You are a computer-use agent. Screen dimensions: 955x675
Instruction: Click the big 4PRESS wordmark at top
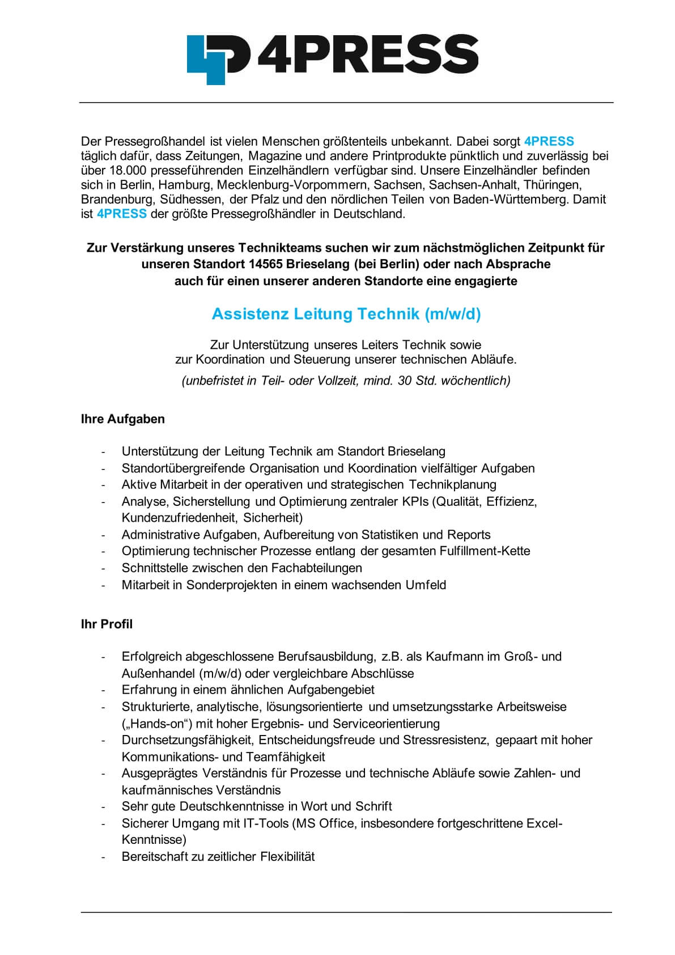click(x=367, y=55)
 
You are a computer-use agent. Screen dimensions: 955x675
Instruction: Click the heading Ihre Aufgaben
click(x=123, y=419)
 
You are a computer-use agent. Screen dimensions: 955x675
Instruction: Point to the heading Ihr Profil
click(x=107, y=624)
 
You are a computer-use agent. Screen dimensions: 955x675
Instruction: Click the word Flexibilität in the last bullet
click(x=287, y=857)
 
